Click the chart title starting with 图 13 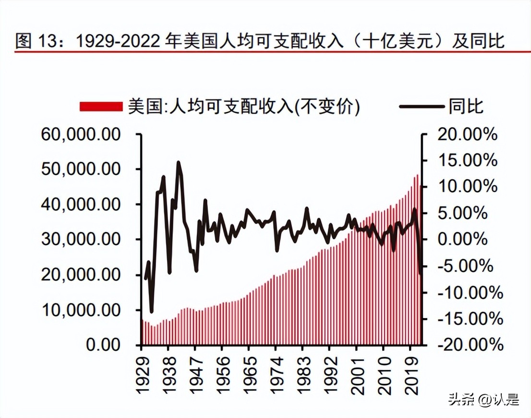259,41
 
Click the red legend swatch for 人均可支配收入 101,107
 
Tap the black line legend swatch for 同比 422,107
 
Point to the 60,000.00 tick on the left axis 80,135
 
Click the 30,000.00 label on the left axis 80,239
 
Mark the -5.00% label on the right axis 468,266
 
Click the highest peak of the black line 179,163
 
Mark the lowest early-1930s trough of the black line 152,311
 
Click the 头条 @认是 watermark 483,399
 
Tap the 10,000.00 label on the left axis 80,310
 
